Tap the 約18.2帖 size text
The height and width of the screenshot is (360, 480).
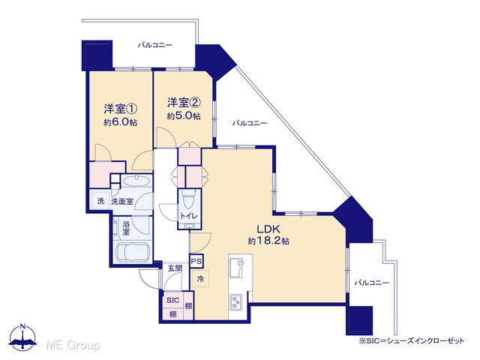click(x=268, y=241)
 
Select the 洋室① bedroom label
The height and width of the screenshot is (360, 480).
click(x=121, y=109)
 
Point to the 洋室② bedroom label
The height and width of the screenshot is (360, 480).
click(x=184, y=103)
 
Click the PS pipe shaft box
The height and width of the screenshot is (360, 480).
click(x=196, y=262)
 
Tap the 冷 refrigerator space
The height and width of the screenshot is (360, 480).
click(x=200, y=278)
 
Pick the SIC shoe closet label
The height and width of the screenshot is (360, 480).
click(x=173, y=300)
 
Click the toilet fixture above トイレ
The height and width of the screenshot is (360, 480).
click(x=188, y=199)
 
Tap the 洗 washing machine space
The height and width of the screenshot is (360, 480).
click(x=100, y=200)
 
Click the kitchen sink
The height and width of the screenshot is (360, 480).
click(x=236, y=268)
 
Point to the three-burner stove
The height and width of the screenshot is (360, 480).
click(x=236, y=301)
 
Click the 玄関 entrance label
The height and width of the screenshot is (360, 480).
click(x=175, y=268)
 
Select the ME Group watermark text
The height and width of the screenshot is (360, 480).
click(x=73, y=345)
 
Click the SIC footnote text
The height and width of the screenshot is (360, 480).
click(x=411, y=340)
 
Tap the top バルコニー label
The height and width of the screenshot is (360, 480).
click(x=155, y=45)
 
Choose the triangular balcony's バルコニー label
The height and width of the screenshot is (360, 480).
click(x=250, y=123)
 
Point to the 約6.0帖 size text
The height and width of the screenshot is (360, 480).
click(x=120, y=122)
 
